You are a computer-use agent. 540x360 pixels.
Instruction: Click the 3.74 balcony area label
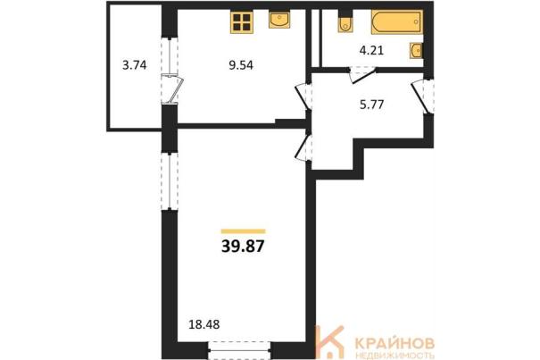click(134, 65)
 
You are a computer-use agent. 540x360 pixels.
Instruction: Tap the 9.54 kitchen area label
click(241, 65)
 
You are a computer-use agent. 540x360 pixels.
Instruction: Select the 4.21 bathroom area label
click(371, 51)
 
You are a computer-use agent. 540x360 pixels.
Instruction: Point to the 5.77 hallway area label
click(371, 105)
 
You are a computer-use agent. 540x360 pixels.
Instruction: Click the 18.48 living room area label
click(204, 324)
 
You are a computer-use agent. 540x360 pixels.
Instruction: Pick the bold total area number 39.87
click(243, 246)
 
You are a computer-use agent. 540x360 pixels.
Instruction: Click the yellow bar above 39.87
click(243, 231)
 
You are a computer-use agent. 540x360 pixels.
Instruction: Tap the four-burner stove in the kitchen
click(241, 22)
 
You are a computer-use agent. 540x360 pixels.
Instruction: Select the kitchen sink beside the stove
click(279, 19)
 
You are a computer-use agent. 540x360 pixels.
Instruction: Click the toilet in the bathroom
click(345, 22)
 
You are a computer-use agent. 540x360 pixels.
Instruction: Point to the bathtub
click(396, 22)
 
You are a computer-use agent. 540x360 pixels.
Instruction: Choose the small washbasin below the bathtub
click(416, 51)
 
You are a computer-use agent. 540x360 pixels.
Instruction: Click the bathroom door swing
click(362, 75)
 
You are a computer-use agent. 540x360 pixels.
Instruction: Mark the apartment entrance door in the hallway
click(422, 96)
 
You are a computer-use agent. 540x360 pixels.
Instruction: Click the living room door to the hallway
click(303, 148)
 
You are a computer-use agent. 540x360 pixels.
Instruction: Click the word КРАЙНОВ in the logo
click(395, 343)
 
